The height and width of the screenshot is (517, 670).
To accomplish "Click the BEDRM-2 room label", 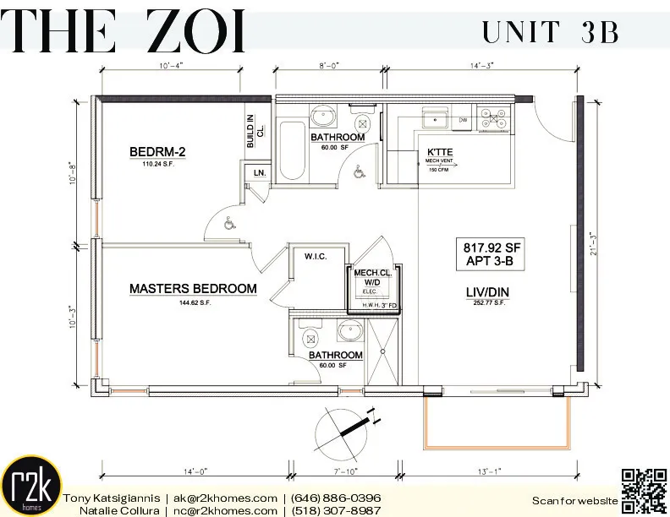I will click(x=157, y=152).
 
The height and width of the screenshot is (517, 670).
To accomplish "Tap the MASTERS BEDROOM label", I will click(x=192, y=289).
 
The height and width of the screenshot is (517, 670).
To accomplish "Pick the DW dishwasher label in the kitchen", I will click(x=463, y=120).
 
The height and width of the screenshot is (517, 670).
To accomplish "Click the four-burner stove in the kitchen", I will click(x=490, y=118).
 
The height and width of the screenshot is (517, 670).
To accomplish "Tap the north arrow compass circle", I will click(x=343, y=432).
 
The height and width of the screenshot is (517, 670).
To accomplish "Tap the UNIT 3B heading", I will click(x=551, y=31).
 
